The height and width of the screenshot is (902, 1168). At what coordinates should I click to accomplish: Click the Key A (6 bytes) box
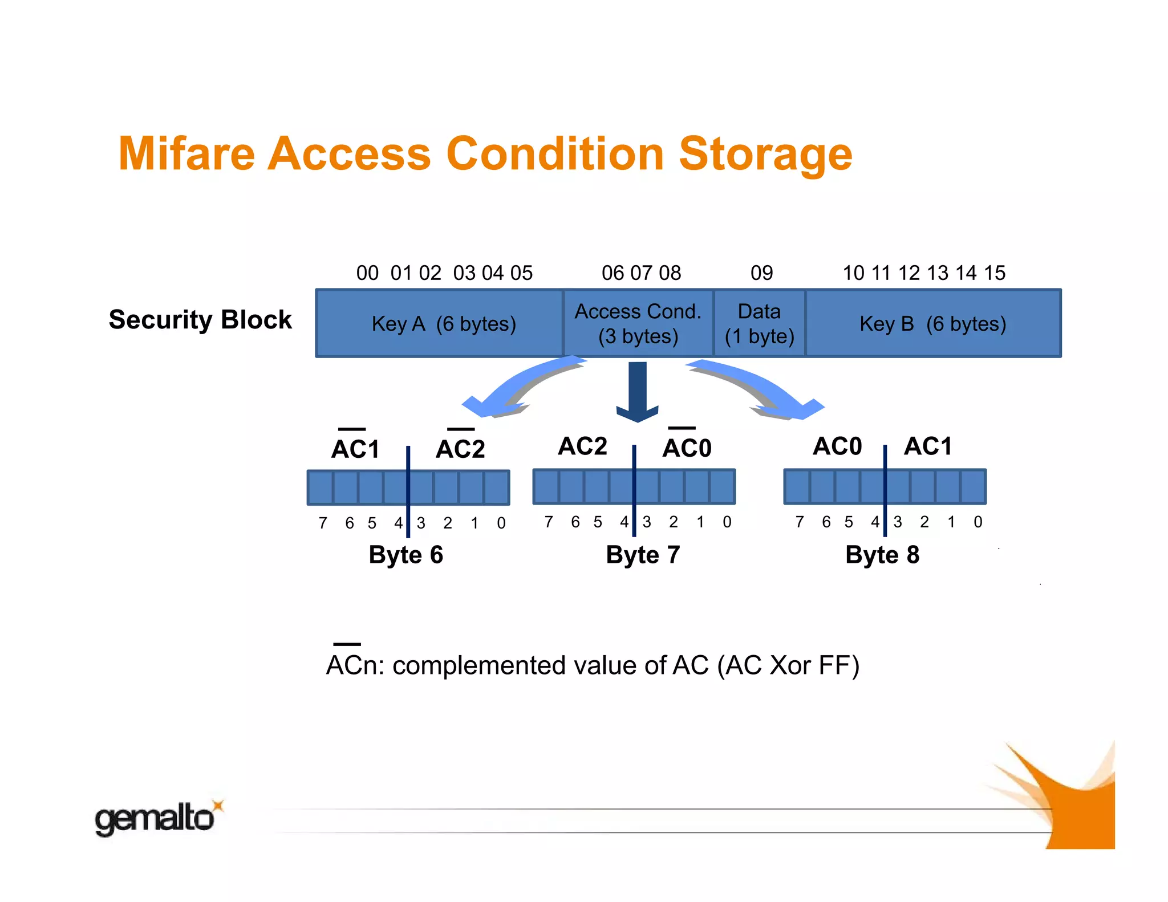439,323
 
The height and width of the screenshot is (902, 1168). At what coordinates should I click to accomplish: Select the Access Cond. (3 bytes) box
638,323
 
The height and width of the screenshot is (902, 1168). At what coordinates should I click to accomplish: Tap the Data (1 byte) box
759,323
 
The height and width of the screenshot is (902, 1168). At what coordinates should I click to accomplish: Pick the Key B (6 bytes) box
933,323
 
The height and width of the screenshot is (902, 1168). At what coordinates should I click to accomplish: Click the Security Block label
200,319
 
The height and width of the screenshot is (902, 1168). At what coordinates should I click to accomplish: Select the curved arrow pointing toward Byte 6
513,388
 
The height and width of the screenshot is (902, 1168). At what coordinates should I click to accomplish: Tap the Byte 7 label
643,555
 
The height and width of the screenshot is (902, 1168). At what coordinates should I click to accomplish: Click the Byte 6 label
405,555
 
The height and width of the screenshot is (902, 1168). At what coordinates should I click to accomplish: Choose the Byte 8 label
882,555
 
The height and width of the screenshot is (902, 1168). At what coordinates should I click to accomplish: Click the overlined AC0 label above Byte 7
687,447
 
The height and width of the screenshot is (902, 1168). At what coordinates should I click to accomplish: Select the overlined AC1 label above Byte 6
355,448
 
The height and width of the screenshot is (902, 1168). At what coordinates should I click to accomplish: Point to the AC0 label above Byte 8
837,446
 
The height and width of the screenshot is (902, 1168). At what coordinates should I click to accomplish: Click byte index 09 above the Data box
761,273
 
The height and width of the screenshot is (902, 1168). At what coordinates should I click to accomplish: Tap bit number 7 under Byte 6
323,523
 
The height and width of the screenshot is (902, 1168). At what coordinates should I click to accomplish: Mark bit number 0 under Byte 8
978,522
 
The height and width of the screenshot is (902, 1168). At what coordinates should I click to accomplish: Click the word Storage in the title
765,154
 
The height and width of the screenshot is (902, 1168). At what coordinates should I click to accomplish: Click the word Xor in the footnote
790,665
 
